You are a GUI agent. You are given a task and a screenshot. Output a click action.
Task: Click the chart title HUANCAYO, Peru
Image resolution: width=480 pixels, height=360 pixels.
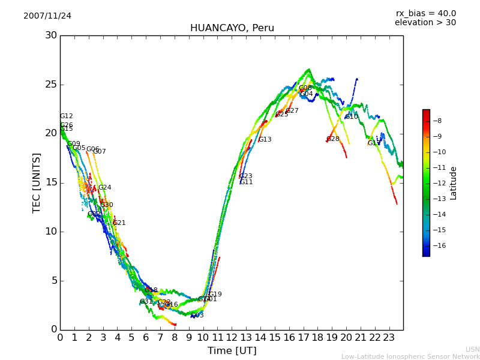coord(232,28)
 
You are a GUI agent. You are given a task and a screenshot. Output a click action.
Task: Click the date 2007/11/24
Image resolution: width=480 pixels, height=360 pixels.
coord(47,16)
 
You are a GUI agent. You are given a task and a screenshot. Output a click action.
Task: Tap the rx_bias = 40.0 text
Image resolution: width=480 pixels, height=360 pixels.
coord(425,14)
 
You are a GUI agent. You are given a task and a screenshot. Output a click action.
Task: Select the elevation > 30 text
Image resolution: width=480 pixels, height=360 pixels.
coord(425,23)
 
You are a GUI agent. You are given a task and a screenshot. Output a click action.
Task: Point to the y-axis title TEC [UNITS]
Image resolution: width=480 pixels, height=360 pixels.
coord(37,182)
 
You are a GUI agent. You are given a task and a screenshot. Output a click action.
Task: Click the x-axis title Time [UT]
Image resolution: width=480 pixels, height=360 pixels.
coord(232,351)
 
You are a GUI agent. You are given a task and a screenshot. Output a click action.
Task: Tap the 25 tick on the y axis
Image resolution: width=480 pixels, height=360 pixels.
coord(50,85)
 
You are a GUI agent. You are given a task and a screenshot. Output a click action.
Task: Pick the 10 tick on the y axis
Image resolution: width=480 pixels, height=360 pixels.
coord(50,232)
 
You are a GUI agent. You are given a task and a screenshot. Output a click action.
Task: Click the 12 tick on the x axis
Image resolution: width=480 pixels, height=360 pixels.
coord(232,337)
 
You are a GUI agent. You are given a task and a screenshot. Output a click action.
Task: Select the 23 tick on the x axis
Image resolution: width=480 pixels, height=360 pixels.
coord(389,337)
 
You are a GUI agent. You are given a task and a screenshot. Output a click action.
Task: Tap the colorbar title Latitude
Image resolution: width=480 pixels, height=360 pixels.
coord(454,183)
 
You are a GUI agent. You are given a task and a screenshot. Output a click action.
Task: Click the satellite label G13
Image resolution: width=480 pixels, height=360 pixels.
coord(265,140)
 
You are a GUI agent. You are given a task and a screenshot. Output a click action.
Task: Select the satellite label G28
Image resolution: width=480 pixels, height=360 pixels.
coord(333,139)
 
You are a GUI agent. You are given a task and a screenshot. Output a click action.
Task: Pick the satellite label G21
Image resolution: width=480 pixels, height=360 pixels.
coord(119,223)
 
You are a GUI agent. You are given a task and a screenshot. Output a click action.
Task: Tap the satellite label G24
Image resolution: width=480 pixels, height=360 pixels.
coord(105,188)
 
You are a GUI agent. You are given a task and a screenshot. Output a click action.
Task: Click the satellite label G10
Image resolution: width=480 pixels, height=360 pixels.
coord(352,117)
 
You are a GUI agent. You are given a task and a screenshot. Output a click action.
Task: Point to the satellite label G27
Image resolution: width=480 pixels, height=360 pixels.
coord(292,111)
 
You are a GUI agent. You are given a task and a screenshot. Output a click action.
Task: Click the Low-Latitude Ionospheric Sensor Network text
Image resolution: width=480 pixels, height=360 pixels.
coord(410,357)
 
